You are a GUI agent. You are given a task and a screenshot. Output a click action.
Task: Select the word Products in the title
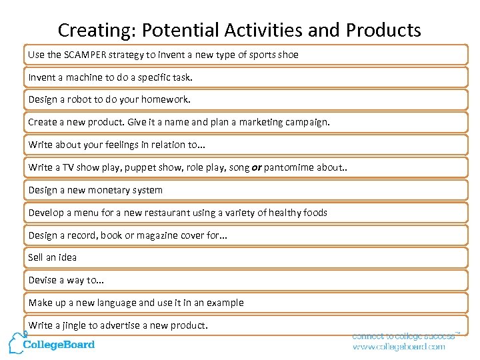tap(383, 31)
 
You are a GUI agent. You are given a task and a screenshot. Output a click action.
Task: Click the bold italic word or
tap(256, 167)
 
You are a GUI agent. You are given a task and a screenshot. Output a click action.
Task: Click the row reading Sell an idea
tap(53, 257)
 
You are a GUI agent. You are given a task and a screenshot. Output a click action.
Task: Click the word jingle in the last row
tap(75, 325)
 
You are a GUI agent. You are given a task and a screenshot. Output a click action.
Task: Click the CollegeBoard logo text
tap(59, 345)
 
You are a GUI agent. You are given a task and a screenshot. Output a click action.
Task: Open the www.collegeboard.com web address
tap(398, 347)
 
